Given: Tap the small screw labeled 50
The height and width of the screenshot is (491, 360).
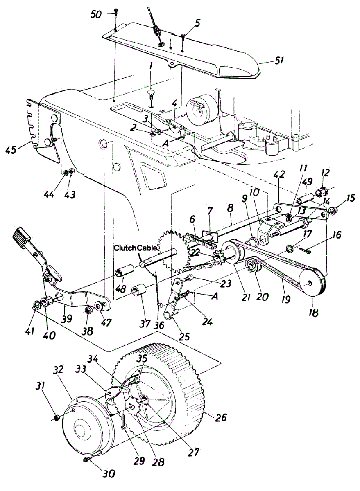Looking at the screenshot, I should click(x=115, y=13).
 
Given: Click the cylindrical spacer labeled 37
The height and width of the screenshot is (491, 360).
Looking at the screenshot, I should click(x=139, y=293).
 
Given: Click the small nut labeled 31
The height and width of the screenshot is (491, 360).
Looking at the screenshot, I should click(x=57, y=417).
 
